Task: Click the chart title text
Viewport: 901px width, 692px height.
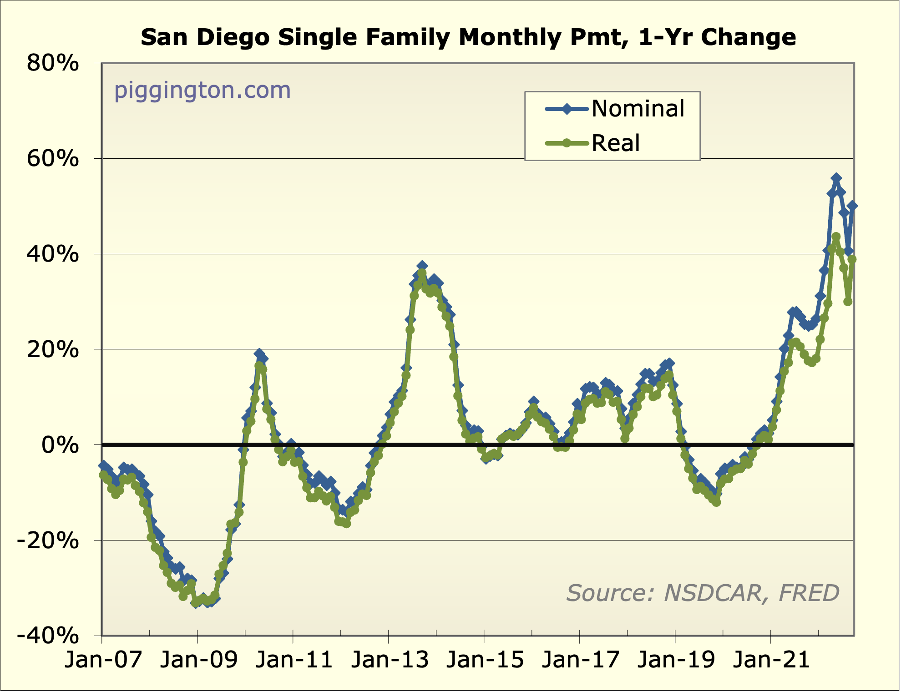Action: click(468, 37)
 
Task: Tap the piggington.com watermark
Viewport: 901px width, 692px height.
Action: click(202, 90)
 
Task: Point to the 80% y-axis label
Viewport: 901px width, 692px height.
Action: click(53, 63)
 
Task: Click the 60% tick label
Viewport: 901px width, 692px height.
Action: click(53, 159)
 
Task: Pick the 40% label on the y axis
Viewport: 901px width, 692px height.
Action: click(53, 254)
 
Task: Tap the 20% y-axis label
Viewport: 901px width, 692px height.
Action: click(53, 350)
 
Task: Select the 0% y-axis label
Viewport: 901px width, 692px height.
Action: click(60, 445)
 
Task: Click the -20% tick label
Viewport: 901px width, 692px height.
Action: click(48, 541)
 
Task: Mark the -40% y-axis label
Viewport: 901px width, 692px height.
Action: click(48, 636)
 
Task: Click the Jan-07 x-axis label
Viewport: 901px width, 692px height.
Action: click(103, 660)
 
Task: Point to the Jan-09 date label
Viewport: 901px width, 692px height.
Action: click(198, 660)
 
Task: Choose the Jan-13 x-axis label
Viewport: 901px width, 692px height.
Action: click(390, 660)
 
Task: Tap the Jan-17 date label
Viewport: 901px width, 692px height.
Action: click(581, 660)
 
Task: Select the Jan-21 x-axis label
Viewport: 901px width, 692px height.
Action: click(772, 660)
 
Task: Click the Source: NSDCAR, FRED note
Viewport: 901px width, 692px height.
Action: click(703, 593)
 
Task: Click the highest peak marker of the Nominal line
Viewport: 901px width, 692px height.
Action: click(836, 178)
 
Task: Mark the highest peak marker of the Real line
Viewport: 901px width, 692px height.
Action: click(836, 237)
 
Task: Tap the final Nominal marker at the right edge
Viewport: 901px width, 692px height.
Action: click(852, 206)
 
